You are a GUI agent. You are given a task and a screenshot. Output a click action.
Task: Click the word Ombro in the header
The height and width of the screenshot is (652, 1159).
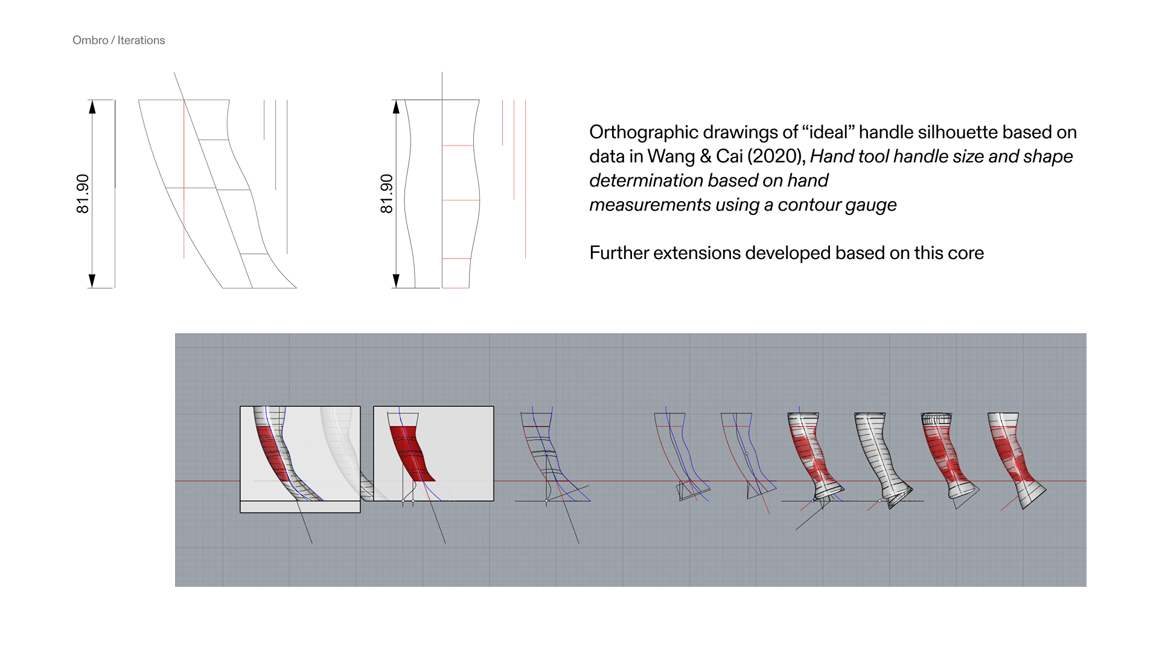coord(91,40)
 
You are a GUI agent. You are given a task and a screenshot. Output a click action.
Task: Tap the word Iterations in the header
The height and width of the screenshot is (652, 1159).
coord(141,40)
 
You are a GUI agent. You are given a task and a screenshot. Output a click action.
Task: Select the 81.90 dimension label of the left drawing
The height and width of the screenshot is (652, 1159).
coord(83,194)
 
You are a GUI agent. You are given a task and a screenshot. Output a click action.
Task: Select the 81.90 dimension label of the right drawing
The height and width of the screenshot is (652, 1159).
coord(386,194)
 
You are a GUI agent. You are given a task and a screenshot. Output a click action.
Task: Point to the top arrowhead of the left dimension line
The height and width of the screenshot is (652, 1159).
coord(92,107)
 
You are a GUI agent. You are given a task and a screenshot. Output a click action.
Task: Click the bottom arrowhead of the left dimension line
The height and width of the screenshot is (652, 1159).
coord(92,281)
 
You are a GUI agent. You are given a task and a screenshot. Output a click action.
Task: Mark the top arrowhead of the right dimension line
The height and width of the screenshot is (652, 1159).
coord(396,107)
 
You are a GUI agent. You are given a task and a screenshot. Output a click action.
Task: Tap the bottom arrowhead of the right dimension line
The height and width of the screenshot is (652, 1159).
coord(396,281)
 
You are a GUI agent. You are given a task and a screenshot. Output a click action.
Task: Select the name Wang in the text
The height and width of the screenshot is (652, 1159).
coord(671,156)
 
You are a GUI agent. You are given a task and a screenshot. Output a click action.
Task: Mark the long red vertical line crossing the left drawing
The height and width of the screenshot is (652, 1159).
coord(184,179)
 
